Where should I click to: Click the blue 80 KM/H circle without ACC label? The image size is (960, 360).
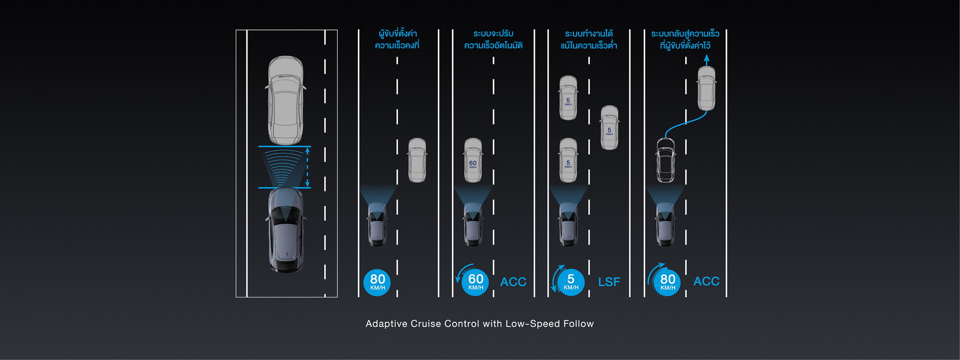377,282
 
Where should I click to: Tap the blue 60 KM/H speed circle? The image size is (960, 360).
475,282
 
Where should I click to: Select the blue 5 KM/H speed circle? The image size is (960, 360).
571,282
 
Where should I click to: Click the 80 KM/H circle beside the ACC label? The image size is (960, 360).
667,282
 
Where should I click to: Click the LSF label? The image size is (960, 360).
609,282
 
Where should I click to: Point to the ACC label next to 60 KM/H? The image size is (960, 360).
513,282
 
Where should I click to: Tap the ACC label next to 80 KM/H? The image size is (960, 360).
706,281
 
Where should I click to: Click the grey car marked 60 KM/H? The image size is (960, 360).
473,160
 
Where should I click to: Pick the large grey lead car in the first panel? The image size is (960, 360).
286,100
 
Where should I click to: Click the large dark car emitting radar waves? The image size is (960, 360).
286,230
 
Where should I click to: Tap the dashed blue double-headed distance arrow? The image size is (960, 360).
307,167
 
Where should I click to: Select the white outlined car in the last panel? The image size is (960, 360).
665,160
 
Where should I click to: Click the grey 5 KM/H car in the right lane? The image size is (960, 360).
610,127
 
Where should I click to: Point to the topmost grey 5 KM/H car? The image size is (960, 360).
568,98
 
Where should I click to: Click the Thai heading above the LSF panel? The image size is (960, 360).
589,39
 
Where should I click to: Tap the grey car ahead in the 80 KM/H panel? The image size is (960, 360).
417,160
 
